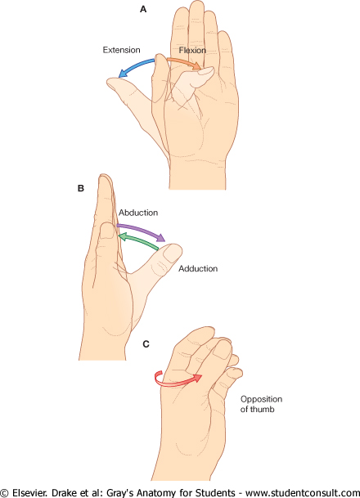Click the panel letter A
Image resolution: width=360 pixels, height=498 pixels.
click(143, 10)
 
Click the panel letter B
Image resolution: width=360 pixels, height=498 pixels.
click(81, 188)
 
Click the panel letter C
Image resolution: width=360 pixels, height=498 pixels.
click(146, 344)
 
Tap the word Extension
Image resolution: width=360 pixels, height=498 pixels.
click(121, 50)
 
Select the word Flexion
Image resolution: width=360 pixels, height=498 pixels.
click(192, 50)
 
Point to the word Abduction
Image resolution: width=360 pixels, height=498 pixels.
click(138, 213)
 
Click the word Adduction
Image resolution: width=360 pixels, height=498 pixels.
click(198, 269)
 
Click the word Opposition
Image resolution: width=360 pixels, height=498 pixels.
click(261, 399)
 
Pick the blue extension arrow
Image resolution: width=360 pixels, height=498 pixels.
click(135, 65)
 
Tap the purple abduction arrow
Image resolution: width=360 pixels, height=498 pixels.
click(142, 231)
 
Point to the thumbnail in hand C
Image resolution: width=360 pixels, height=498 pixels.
click(222, 351)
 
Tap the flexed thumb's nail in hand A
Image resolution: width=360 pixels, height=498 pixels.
click(207, 72)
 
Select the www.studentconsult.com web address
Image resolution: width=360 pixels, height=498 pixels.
click(303, 493)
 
